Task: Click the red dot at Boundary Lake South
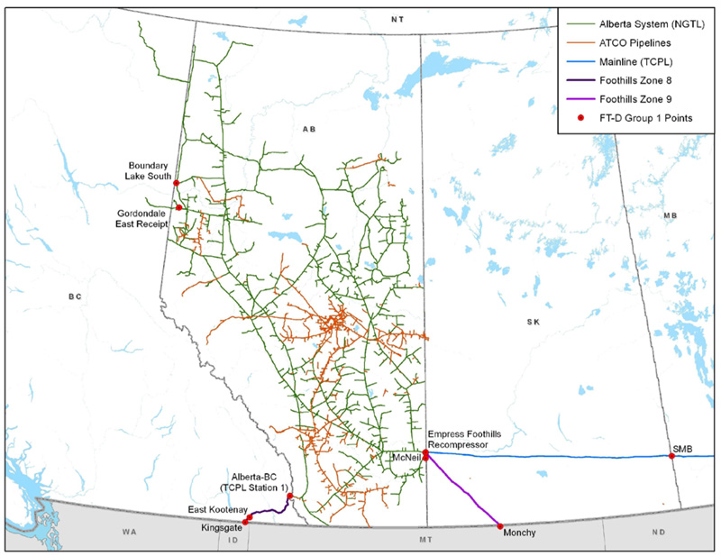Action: coord(177,183)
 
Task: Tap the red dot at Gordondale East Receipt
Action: coord(179,207)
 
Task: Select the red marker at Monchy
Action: coord(500,525)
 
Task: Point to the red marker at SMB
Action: coord(671,456)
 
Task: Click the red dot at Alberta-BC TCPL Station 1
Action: coord(289,497)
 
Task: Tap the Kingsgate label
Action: coord(221,529)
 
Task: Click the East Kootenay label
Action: coord(214,510)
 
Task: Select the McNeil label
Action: coord(404,458)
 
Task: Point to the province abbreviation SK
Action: coord(532,321)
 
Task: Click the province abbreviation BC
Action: coord(75,296)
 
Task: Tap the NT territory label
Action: coord(394,18)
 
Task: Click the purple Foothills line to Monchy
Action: coord(464,491)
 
